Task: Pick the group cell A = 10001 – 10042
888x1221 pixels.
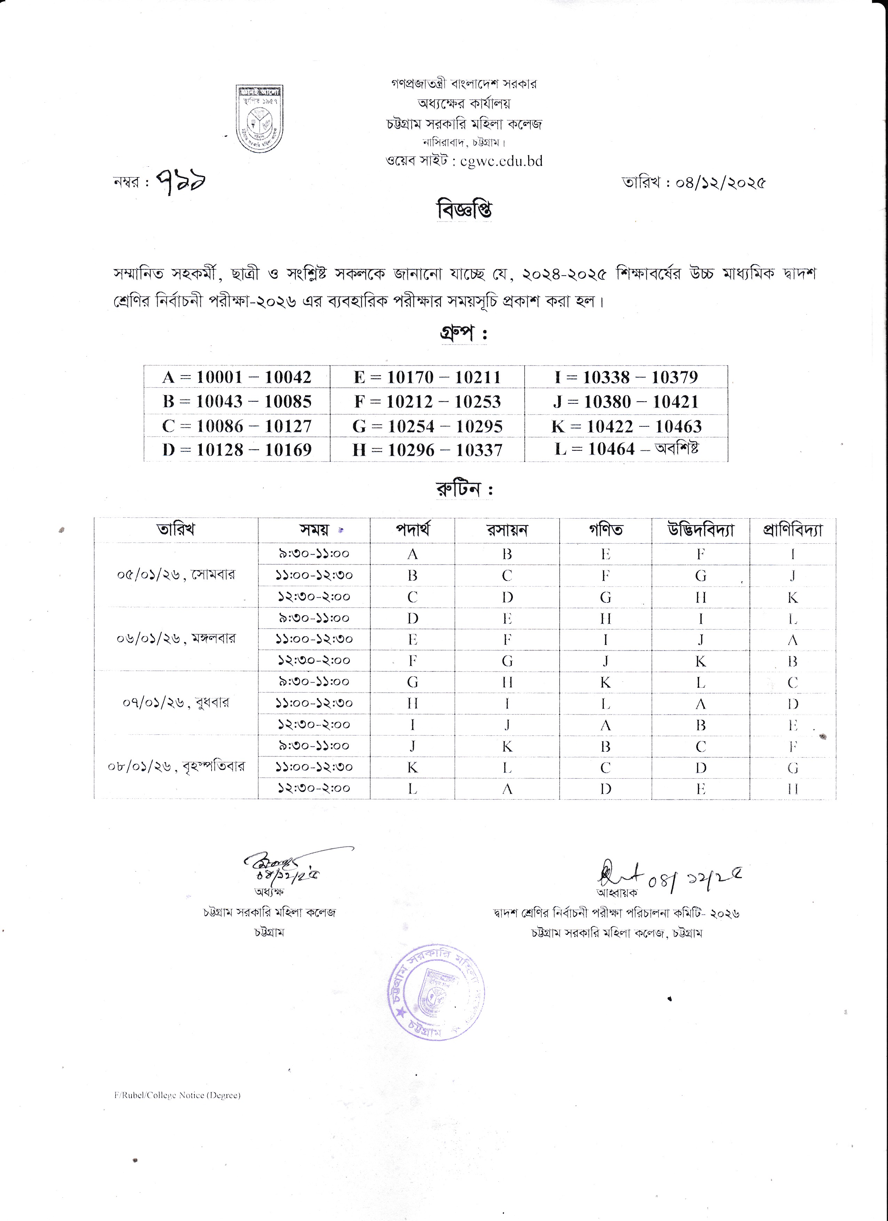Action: click(237, 377)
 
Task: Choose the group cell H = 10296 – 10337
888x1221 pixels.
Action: click(427, 450)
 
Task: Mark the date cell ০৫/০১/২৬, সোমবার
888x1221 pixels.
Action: click(176, 574)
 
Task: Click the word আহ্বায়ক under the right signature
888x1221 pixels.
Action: click(617, 892)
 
